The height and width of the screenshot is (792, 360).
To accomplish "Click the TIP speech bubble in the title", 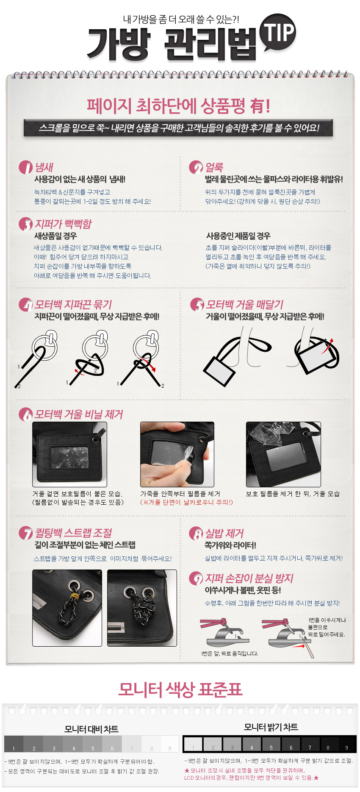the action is [x=277, y=33].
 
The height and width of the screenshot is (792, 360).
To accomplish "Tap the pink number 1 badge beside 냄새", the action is [x=25, y=167].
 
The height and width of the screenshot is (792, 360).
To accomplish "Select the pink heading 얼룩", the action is [x=214, y=167].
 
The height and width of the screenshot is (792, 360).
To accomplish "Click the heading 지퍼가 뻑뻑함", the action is [x=63, y=224].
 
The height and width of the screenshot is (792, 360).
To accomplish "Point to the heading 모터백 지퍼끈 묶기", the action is [x=73, y=304].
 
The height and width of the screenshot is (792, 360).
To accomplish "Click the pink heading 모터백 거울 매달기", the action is [x=245, y=304].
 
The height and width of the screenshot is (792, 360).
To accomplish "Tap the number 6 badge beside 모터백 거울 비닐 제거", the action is [x=25, y=414].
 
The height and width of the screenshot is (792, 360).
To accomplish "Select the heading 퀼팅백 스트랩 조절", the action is [x=73, y=533].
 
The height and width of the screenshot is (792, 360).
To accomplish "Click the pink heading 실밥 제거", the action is [x=224, y=533].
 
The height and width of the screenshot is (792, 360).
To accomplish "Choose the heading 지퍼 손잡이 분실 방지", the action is [x=249, y=578].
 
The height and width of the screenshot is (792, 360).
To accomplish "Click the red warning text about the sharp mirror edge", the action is [x=186, y=502].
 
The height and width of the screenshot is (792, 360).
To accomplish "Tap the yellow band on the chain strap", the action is [x=75, y=596].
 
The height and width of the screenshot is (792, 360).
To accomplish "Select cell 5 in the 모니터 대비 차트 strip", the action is [x=93, y=744].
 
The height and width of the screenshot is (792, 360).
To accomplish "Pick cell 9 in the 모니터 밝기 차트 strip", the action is [x=347, y=744].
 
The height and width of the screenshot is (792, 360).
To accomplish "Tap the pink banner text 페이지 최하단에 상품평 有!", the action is [x=178, y=106].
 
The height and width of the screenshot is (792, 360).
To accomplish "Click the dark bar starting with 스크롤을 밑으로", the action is [x=178, y=128].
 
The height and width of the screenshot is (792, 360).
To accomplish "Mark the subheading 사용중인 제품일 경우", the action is [x=238, y=236].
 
